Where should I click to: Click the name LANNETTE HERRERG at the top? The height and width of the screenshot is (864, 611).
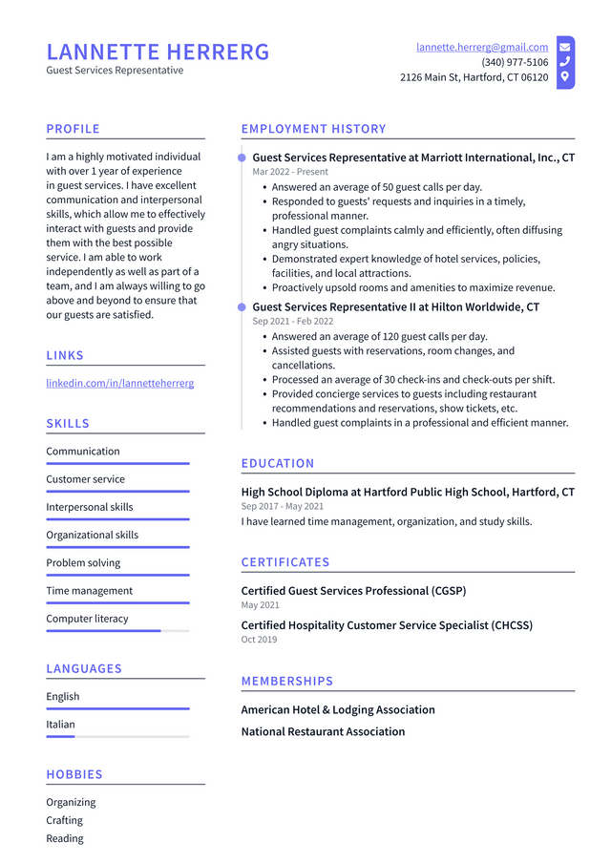(158, 52)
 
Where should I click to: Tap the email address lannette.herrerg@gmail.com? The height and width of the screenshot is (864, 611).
(482, 47)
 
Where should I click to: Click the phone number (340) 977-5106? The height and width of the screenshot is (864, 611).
(515, 62)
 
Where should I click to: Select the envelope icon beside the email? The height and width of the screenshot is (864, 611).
(565, 47)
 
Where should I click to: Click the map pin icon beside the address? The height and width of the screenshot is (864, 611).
(565, 76)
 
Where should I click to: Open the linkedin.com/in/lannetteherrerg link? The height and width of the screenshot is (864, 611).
(120, 383)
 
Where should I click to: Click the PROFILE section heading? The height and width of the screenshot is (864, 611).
(73, 129)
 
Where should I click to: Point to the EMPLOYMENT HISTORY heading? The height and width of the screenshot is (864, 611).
(313, 129)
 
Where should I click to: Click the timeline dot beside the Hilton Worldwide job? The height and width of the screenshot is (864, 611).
(242, 307)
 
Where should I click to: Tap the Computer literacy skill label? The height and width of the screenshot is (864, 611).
(87, 619)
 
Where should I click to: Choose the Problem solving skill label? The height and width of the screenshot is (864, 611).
(83, 563)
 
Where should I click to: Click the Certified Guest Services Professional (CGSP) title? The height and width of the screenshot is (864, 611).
(353, 591)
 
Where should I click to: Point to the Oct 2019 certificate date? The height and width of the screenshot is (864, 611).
(259, 640)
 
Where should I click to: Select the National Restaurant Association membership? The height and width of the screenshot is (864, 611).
(323, 731)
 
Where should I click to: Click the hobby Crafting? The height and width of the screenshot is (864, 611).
(65, 820)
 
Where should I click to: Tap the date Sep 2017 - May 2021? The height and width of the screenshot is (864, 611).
(283, 506)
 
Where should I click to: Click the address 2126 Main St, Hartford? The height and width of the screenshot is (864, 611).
(474, 77)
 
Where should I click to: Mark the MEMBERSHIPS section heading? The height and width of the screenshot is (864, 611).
(287, 681)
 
